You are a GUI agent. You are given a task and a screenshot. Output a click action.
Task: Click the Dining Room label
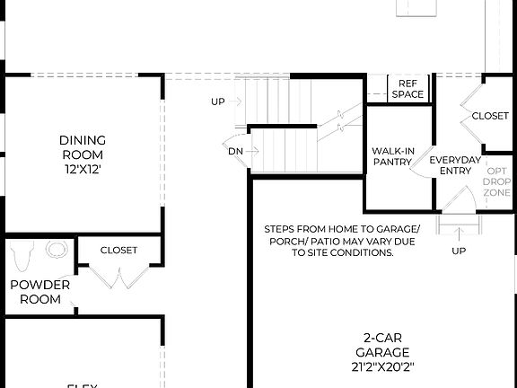83,147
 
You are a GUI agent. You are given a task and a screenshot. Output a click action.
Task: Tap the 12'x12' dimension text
83,169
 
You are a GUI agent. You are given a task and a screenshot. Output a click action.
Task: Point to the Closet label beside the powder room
118,251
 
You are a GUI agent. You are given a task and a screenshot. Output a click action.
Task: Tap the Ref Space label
407,89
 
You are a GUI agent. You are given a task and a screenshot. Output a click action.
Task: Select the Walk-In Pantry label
392,156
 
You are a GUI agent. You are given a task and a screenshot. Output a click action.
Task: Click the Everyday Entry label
455,165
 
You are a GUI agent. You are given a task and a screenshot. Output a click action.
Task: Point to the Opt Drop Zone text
498,181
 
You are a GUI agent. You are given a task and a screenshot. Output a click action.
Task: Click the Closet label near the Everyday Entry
490,117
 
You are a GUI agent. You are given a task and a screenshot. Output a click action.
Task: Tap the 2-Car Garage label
382,345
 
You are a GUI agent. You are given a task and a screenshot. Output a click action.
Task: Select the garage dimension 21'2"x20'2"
382,366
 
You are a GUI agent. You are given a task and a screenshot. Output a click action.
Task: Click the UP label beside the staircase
218,101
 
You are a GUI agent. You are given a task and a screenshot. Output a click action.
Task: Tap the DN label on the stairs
235,150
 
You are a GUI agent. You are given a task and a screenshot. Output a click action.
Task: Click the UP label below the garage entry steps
459,251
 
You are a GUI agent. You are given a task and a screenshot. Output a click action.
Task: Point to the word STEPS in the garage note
283,228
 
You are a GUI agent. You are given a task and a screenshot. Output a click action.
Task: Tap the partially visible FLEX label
83,384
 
